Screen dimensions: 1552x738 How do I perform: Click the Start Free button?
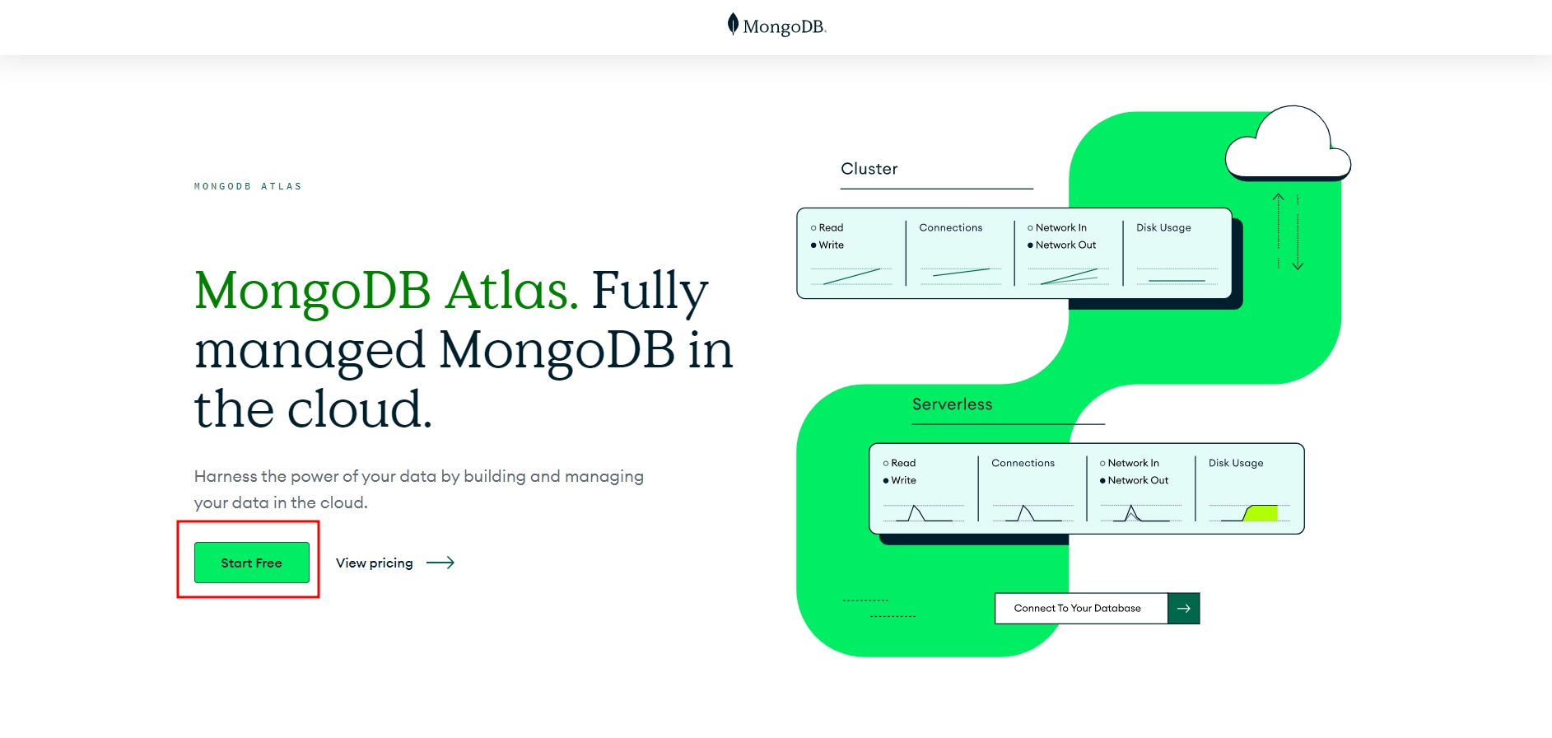point(251,563)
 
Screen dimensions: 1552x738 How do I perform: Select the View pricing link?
point(374,563)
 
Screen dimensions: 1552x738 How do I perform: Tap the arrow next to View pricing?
point(440,563)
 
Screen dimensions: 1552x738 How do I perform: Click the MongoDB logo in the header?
point(776,26)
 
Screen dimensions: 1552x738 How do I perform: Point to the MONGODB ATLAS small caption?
point(248,186)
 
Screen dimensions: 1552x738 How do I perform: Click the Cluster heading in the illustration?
point(869,169)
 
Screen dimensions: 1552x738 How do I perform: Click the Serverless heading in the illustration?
point(952,404)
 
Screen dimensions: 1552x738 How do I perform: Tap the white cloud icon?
point(1287,144)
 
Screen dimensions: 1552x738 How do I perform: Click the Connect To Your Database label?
point(1077,609)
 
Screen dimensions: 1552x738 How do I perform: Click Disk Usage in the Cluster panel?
point(1163,228)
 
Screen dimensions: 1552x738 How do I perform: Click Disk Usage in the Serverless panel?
point(1235,463)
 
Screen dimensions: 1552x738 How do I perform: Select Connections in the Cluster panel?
point(950,228)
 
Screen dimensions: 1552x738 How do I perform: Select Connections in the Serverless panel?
point(1023,463)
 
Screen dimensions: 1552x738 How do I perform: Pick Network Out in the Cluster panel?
point(1065,245)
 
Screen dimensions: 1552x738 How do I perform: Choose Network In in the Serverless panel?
point(1133,463)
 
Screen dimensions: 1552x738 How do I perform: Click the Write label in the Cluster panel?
point(831,245)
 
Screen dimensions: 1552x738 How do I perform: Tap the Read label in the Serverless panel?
point(903,463)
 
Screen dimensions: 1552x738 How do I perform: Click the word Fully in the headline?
point(650,291)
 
